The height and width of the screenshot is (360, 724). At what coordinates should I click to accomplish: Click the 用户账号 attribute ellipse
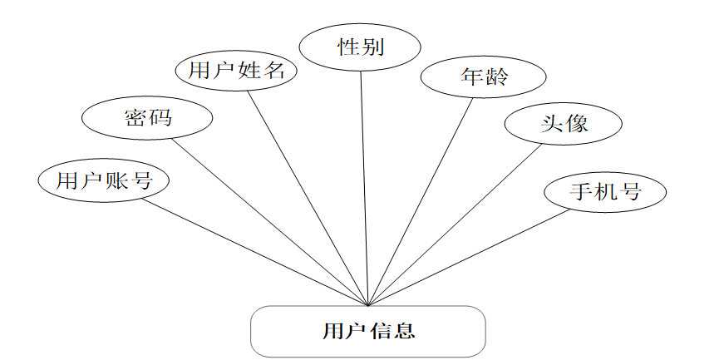pos(104,180)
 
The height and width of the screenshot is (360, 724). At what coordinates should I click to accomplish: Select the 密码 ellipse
pos(147,118)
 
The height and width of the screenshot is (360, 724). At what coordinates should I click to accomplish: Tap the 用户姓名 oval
pos(237,70)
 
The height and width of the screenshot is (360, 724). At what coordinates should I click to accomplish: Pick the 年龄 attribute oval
pos(483,77)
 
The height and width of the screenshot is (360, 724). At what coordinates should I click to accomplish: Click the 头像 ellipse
pos(564,124)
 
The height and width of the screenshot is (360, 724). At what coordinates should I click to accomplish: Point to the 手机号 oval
pos(605,191)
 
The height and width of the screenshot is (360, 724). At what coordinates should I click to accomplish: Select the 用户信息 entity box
pos(367,331)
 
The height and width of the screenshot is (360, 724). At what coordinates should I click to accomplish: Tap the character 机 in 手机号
pos(605,191)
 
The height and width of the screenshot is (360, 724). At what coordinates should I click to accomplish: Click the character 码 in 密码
pos(160,118)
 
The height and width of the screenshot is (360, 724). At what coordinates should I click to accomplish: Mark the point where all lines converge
pos(367,304)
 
